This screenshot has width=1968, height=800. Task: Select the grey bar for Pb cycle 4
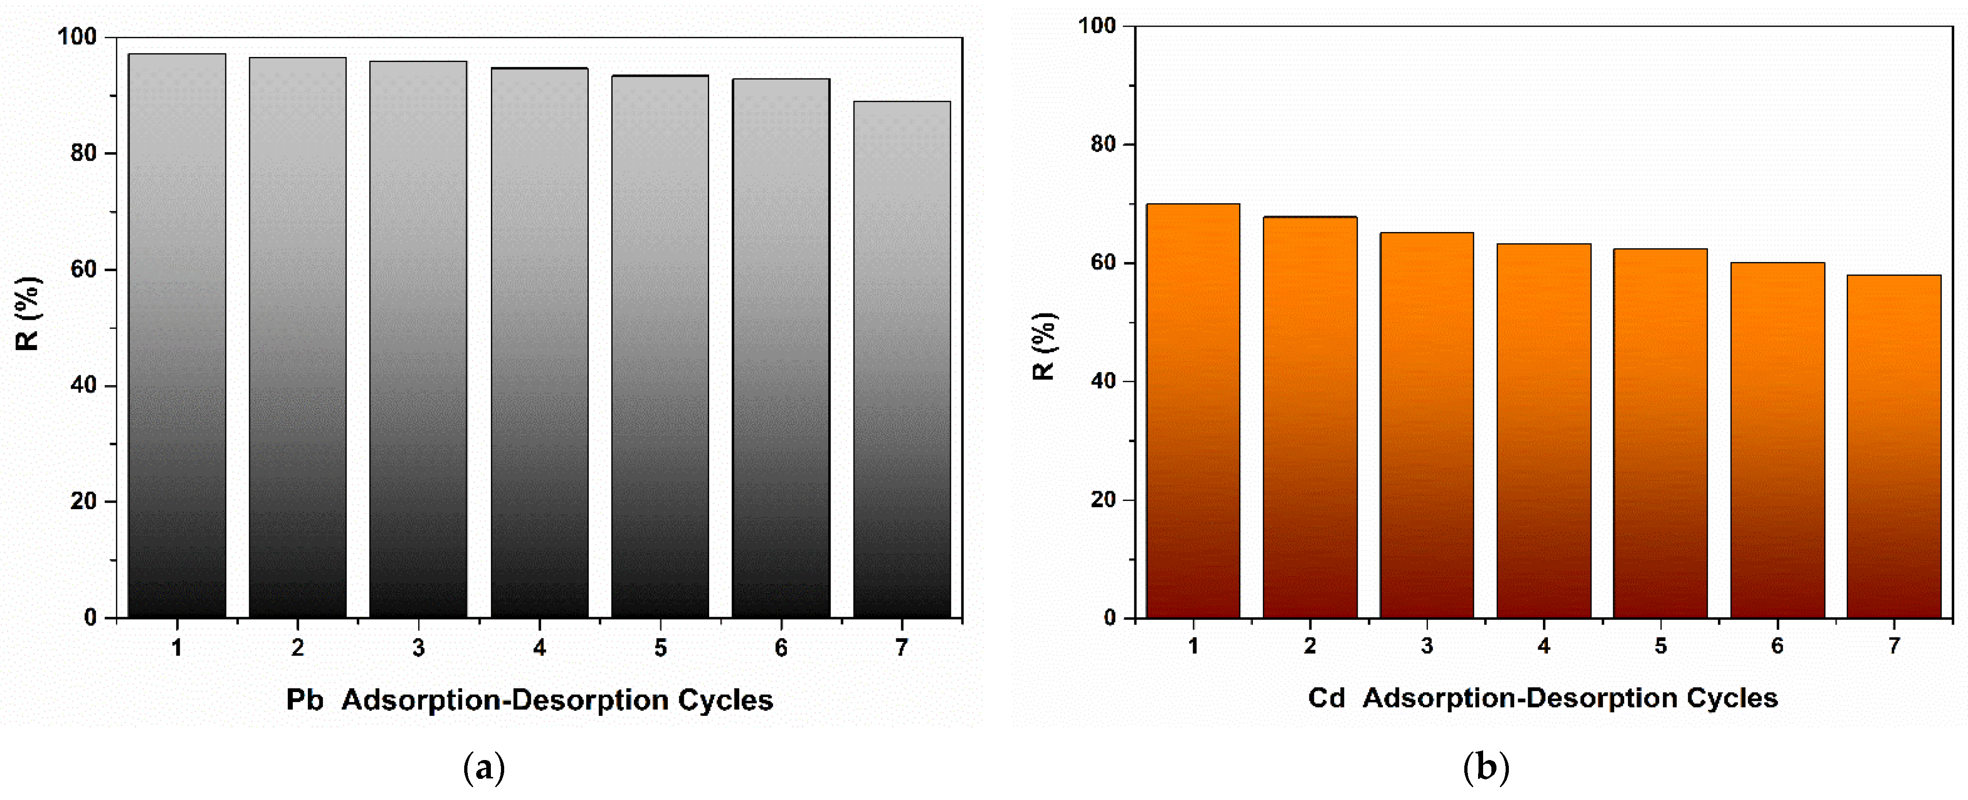click(x=540, y=344)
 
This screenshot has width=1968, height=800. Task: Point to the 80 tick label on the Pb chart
click(x=84, y=153)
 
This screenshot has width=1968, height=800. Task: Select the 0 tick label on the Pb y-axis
click(x=91, y=618)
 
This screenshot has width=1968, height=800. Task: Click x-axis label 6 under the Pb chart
click(x=781, y=648)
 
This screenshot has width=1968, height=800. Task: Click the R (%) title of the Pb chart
click(x=28, y=313)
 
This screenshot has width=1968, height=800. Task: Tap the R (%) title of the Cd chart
click(x=1044, y=346)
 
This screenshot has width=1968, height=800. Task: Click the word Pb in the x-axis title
click(x=304, y=700)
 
